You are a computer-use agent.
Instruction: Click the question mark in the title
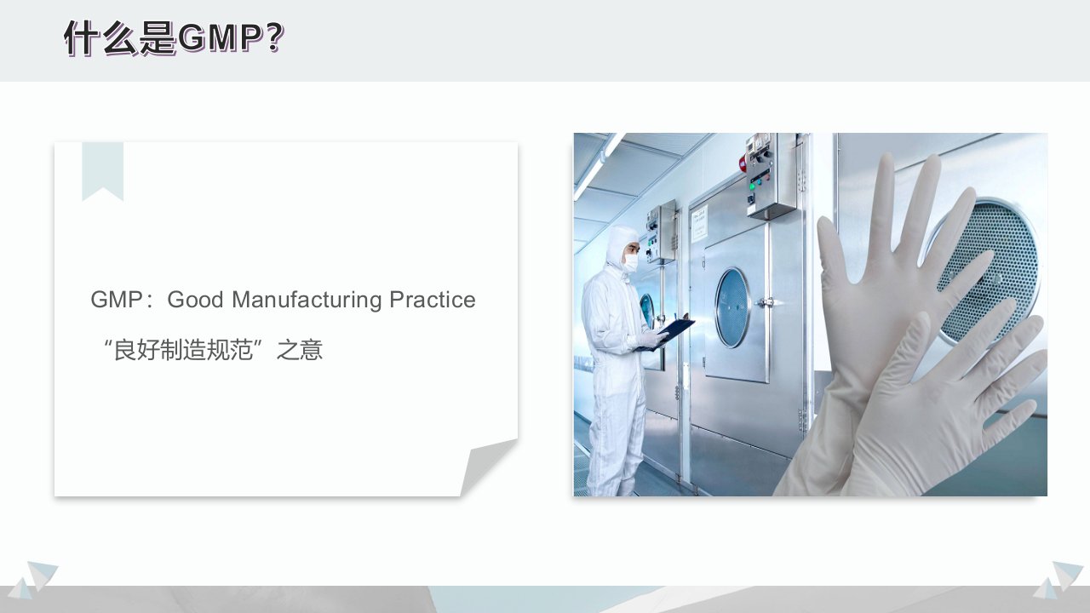275,38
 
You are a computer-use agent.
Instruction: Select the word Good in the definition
195,300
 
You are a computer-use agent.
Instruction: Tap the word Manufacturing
307,301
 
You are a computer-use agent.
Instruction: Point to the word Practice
433,300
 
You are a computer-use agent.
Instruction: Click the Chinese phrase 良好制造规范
183,350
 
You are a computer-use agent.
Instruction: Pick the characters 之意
299,350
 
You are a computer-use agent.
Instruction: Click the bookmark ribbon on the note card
103,170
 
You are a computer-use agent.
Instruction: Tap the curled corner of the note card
488,466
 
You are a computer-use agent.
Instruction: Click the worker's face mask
631,263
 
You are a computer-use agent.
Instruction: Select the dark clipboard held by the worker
666,334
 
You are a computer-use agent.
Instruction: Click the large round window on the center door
731,307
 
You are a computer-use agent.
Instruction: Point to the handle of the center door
766,302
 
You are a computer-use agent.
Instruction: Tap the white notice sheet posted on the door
699,223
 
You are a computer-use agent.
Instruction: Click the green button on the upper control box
752,186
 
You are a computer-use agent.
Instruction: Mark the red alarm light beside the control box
743,163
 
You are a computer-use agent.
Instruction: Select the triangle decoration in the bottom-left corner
34,580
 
